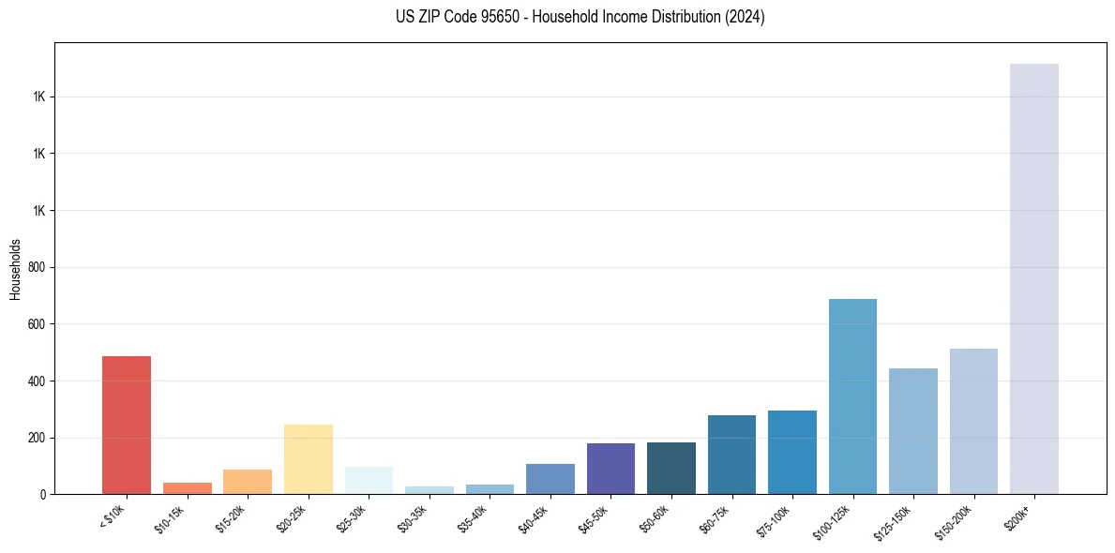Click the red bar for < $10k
tap(127, 425)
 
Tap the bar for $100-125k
tap(852, 396)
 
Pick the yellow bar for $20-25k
tap(309, 459)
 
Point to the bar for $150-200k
tap(973, 421)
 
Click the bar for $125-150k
tap(912, 431)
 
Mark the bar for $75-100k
tap(792, 452)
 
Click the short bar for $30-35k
tap(429, 490)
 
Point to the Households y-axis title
tap(15, 268)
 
